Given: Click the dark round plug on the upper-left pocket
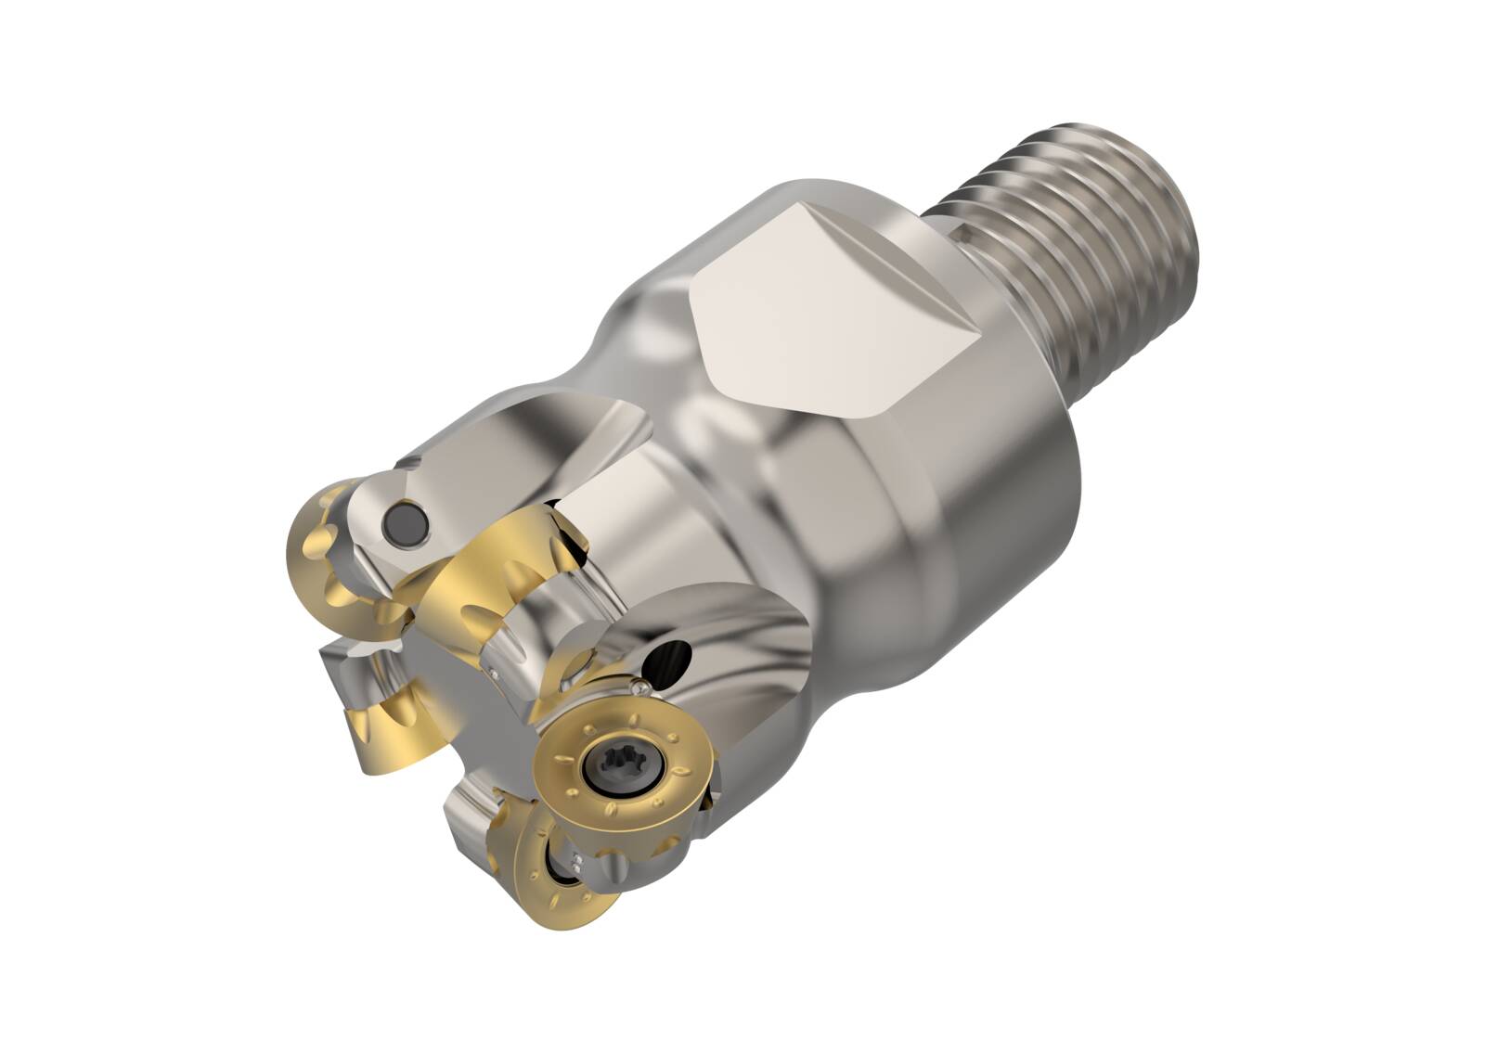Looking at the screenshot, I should click(404, 520).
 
